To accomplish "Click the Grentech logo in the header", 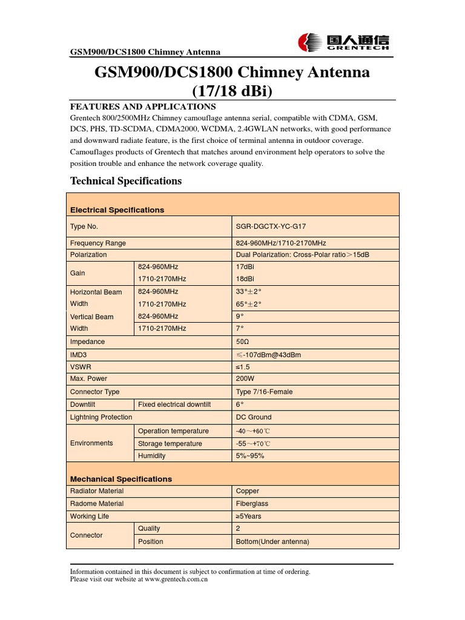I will pos(343,42).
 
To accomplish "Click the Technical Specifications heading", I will pos(126,181).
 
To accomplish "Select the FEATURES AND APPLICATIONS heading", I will pos(143,106).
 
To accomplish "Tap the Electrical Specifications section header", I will pos(117,210).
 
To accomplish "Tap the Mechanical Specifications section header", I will pos(121,479).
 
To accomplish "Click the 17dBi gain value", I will pos(246,266).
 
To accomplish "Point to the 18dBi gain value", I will pos(246,279).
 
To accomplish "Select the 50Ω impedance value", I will pos(242,342).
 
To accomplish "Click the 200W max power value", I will pos(245,379).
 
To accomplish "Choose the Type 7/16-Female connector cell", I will pos(264,392).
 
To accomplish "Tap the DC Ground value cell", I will pos(254,417).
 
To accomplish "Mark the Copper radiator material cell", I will pos(248,491).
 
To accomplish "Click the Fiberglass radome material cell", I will pos(252,504).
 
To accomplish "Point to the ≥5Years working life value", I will pos(249,516).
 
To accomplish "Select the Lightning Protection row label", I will pos(101,417).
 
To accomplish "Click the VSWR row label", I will pos(81,367).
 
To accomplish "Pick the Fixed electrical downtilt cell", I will pos(174,404).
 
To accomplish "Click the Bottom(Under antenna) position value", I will pos(272,542).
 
